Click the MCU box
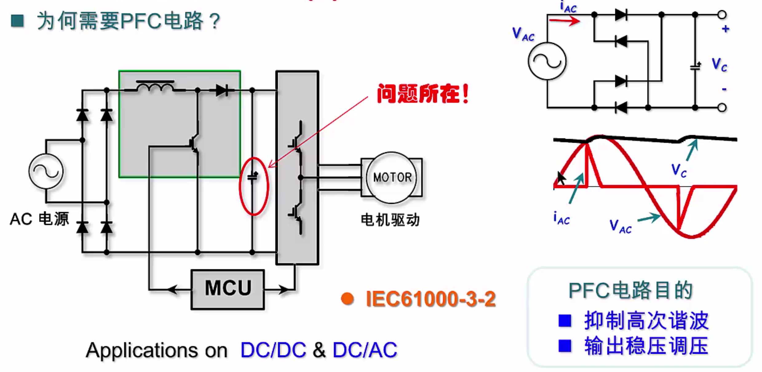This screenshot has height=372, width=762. coord(228,289)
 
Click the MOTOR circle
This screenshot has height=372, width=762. coord(392,178)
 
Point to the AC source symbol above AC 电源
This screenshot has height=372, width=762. coord(46,171)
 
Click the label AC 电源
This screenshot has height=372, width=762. coord(39,219)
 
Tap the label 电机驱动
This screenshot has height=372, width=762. coord(390,220)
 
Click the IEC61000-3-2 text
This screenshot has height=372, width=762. coord(431,299)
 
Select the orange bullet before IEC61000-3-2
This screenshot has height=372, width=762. coord(347,299)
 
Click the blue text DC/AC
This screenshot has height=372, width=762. coord(365,350)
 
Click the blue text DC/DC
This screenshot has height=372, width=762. coord(273,350)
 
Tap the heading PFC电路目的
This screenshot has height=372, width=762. coord(630,290)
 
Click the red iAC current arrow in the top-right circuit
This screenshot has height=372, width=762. coord(565,21)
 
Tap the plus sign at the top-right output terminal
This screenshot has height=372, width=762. coord(725,29)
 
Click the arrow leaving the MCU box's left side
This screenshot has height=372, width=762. coord(173,290)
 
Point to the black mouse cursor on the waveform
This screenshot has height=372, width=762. coord(561,178)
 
